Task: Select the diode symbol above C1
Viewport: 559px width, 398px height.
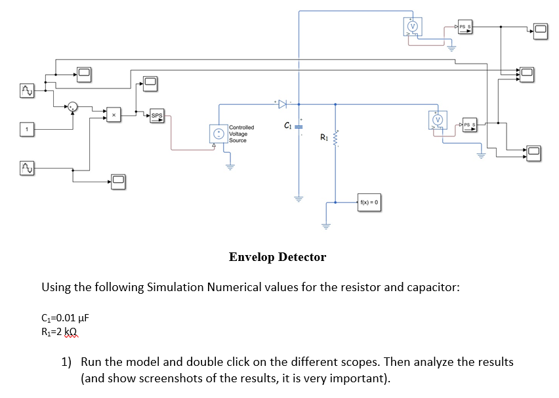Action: coord(282,104)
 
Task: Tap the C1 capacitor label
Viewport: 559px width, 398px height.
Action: coord(287,125)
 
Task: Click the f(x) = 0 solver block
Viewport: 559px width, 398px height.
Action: coord(371,203)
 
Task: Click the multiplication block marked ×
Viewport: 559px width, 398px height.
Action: coord(114,116)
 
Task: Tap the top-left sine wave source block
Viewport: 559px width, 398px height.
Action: coord(27,89)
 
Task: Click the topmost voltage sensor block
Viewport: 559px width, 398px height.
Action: coord(412,26)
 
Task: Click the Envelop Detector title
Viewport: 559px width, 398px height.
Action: coord(277,257)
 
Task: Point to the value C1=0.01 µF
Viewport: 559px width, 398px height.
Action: coord(65,319)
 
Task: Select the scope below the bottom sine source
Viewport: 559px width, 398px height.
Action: coord(118,180)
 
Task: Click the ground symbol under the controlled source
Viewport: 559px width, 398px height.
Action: coord(230,165)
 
